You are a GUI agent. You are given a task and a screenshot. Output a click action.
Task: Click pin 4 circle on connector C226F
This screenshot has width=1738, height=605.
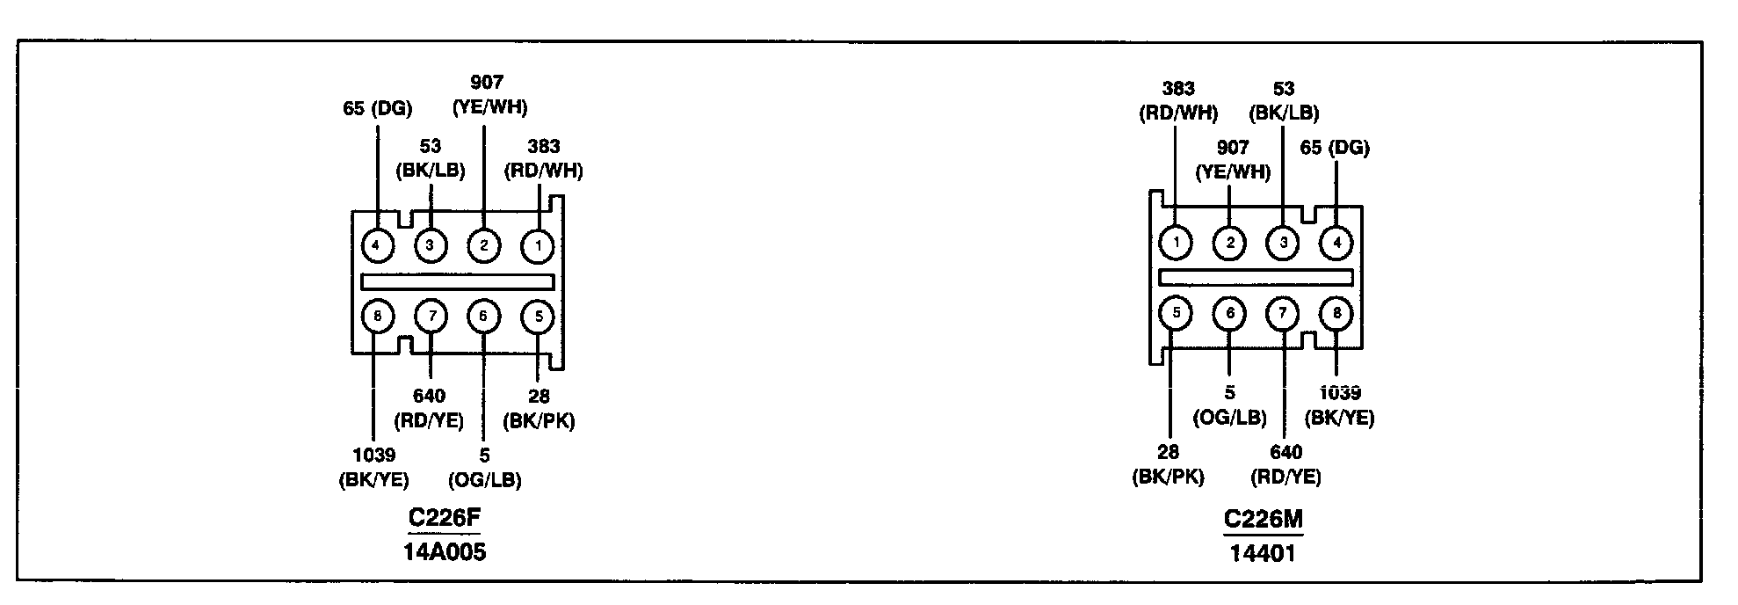(x=376, y=244)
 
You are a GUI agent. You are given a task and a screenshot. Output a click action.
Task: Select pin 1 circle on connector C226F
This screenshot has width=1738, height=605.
(x=538, y=245)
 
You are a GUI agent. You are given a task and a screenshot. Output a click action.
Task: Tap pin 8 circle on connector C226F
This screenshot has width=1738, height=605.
(x=377, y=316)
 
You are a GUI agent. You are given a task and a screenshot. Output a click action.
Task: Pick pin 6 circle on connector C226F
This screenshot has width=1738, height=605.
(x=483, y=316)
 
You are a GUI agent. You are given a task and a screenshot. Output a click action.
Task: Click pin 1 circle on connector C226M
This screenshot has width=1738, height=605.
(x=1176, y=242)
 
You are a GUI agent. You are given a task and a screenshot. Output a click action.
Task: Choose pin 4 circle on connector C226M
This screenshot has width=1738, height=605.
(x=1336, y=242)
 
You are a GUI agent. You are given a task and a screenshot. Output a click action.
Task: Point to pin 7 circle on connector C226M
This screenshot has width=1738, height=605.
(x=1283, y=313)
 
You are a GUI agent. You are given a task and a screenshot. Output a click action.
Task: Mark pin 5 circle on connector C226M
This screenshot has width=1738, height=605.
(x=1176, y=312)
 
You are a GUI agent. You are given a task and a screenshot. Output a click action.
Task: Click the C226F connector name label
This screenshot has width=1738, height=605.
(x=445, y=518)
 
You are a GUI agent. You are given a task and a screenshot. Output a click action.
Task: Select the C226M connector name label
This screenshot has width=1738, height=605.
(x=1263, y=520)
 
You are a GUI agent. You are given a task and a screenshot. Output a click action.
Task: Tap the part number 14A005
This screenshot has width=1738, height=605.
(x=445, y=552)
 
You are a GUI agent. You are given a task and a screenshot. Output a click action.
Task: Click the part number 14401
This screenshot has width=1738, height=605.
(x=1262, y=553)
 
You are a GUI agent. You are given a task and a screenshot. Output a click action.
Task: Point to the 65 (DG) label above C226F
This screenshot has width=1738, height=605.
(x=377, y=109)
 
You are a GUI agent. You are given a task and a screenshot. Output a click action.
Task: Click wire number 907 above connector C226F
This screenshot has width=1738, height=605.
(x=487, y=83)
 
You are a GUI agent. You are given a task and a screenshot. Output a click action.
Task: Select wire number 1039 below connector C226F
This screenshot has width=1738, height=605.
(x=374, y=456)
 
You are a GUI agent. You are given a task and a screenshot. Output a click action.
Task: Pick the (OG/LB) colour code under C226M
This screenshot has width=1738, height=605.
(x=1229, y=417)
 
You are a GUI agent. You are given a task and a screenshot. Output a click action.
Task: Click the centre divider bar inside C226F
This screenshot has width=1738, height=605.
(x=458, y=281)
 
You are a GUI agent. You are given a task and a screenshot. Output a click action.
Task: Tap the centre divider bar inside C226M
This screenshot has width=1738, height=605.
(x=1256, y=278)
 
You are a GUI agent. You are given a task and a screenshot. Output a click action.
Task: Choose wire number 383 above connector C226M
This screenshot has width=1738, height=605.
(x=1177, y=89)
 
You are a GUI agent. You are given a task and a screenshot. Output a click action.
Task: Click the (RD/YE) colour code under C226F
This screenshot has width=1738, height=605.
(x=429, y=420)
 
